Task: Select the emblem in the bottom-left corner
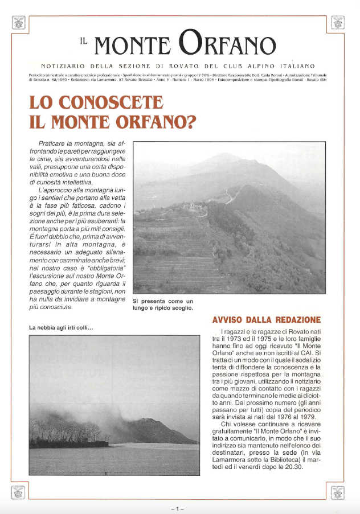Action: coord(19,491)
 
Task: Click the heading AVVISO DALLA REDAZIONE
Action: coord(266,320)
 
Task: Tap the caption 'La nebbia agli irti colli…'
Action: coord(61,327)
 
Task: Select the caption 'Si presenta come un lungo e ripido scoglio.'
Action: coord(163,305)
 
